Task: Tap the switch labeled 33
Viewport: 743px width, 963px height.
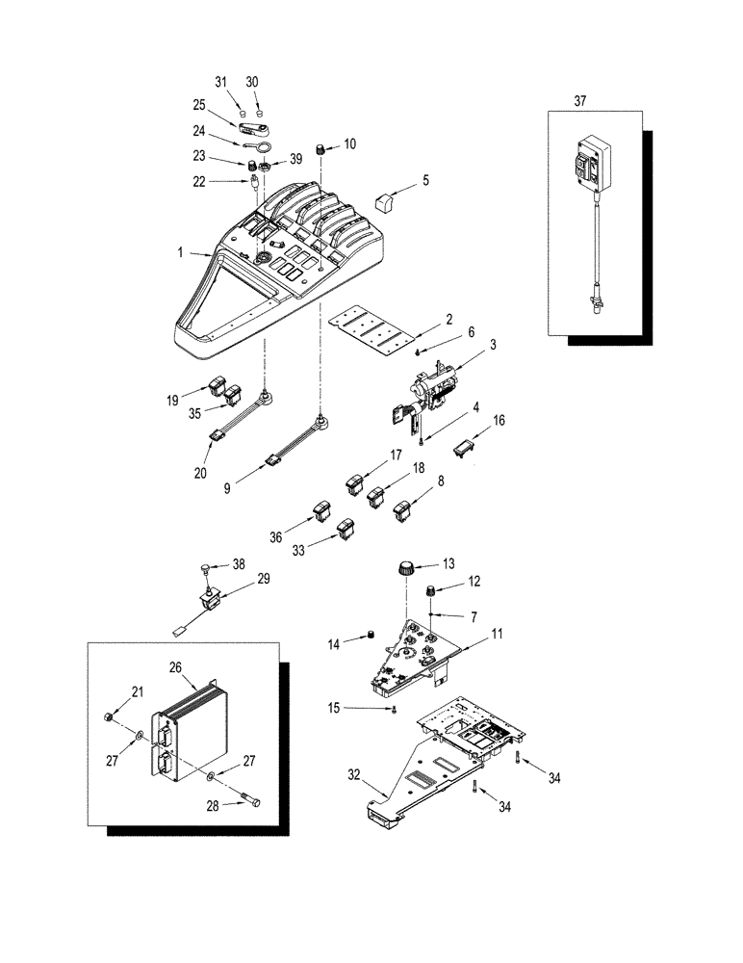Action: coord(346,527)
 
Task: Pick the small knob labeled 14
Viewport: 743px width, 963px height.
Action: coord(366,635)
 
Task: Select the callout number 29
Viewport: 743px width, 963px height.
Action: coord(262,580)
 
